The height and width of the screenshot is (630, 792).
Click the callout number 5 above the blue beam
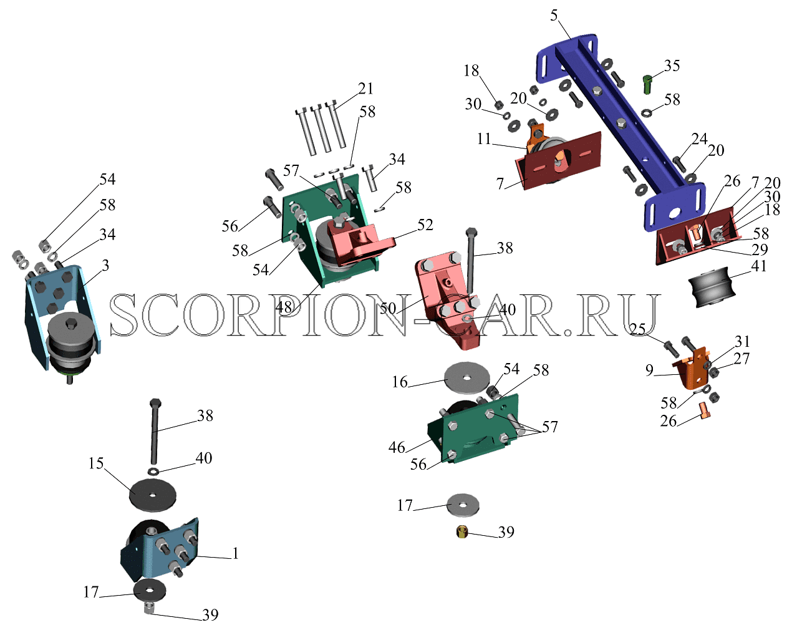click(554, 16)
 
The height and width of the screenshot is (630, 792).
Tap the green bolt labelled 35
click(647, 84)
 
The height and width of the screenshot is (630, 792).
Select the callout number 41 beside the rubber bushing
click(759, 266)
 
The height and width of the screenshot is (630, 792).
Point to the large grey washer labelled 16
click(467, 378)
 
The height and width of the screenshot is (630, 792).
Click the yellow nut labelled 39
click(462, 531)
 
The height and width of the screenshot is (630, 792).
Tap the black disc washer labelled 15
click(153, 495)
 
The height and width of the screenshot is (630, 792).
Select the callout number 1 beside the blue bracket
click(235, 553)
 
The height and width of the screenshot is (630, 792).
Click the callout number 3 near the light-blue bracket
click(105, 266)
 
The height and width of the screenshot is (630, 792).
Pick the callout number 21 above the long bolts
click(366, 89)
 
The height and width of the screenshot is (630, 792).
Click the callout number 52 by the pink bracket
click(425, 225)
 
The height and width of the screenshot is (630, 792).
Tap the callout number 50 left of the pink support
click(388, 308)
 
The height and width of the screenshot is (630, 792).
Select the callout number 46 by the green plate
click(397, 447)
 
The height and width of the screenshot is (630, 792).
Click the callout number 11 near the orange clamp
click(484, 139)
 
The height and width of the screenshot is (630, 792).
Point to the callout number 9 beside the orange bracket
click(650, 370)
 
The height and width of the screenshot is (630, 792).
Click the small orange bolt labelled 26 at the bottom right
click(705, 410)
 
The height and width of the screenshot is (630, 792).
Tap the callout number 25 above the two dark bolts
click(637, 329)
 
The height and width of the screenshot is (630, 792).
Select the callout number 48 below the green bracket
click(284, 307)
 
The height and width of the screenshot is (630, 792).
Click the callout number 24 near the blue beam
click(700, 139)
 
